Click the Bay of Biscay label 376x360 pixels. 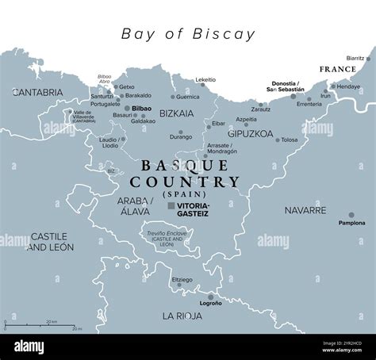click(188, 34)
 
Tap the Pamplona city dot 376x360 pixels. click(351, 215)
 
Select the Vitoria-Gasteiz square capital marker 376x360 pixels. click(171, 205)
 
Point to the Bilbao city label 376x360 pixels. click(142, 107)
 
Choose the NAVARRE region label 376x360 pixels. click(305, 211)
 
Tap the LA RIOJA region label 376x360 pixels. click(182, 316)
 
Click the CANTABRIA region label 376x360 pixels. click(37, 93)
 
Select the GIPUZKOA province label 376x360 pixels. click(251, 134)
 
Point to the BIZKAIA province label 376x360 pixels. click(176, 113)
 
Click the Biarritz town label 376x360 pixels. click(357, 59)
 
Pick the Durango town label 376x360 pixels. click(180, 137)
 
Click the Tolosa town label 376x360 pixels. click(290, 140)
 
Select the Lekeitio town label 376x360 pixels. click(205, 80)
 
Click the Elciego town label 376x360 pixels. click(182, 281)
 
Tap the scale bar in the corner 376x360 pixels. click(40, 324)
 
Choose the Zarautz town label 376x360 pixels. click(261, 109)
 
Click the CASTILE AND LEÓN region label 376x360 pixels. click(52, 241)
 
